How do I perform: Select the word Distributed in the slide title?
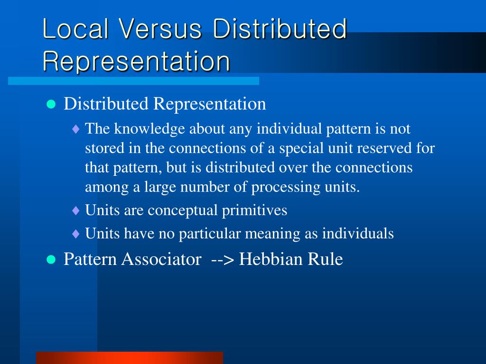[x=280, y=29]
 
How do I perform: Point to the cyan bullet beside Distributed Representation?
[x=51, y=104]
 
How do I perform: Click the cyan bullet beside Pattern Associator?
[x=51, y=259]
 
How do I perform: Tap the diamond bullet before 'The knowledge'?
[x=76, y=129]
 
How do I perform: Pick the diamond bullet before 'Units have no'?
[x=76, y=234]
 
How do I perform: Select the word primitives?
[x=254, y=210]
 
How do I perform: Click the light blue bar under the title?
[x=133, y=81]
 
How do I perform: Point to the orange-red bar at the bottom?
[x=129, y=357]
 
